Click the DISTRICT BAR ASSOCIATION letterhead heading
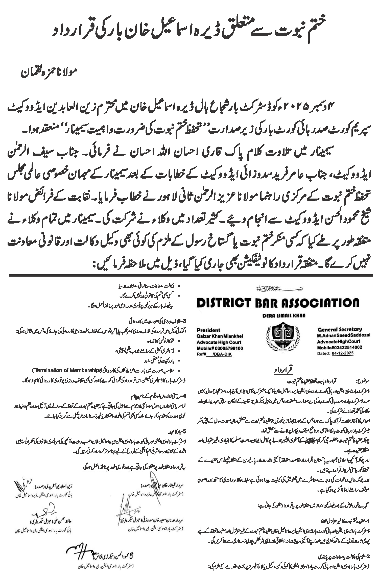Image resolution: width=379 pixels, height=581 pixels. pyautogui.click(x=278, y=303)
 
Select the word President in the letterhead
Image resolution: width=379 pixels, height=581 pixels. pyautogui.click(x=208, y=330)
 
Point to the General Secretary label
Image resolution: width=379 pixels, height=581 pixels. pyautogui.click(x=340, y=329)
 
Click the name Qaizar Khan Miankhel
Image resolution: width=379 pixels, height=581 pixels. pyautogui.click(x=220, y=336)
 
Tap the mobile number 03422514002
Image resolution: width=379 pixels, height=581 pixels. pyautogui.click(x=348, y=347)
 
